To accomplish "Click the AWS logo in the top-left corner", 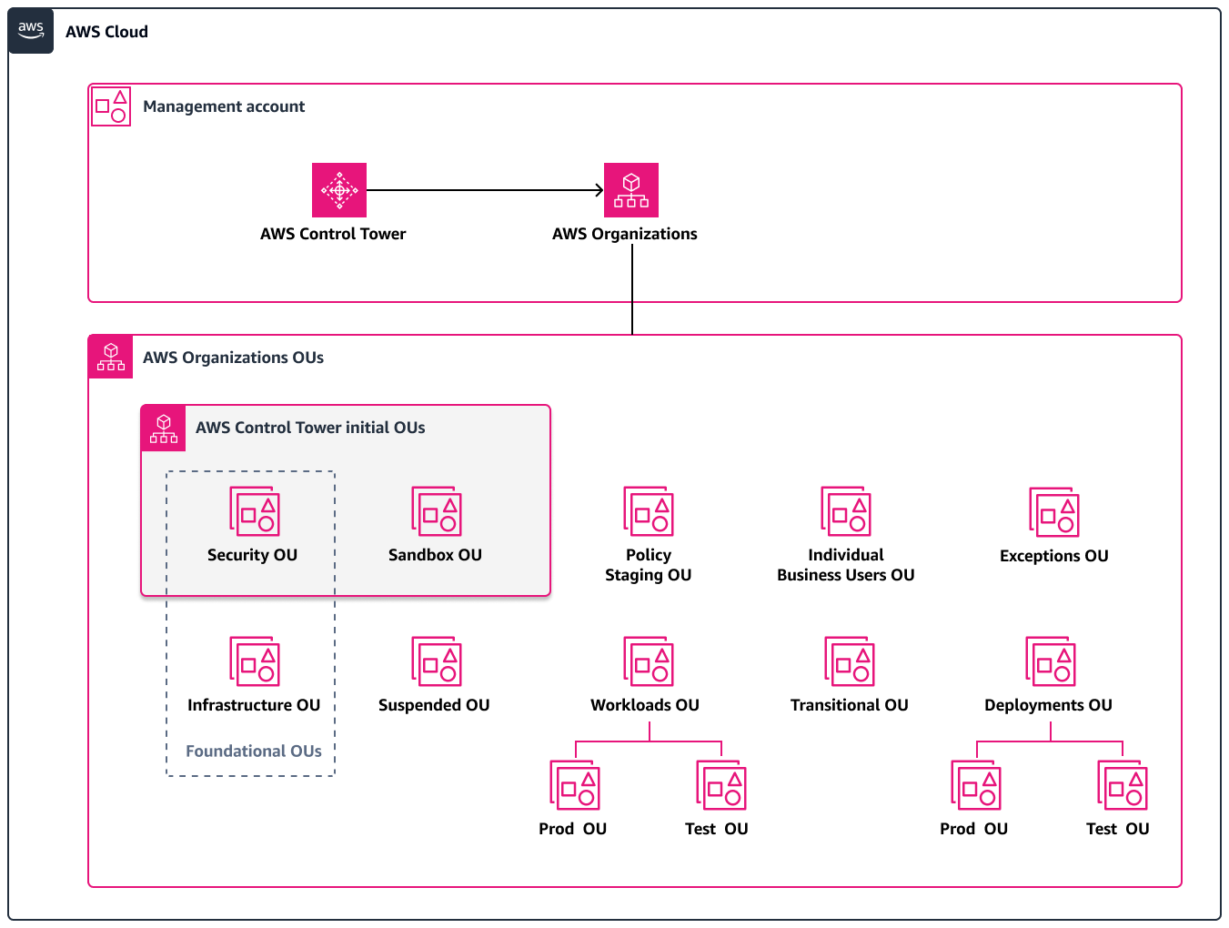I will point(31,31).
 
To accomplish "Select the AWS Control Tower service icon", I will point(338,190).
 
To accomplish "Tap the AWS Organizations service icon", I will point(630,190).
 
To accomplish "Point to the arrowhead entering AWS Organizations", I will point(599,190).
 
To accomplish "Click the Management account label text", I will point(224,106).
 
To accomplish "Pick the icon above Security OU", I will point(255,511).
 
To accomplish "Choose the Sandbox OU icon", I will point(437,511).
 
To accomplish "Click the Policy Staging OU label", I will point(648,565).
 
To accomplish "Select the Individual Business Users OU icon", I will point(846,511).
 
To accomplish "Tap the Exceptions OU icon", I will point(1053,512).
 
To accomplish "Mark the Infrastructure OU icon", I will point(255,661).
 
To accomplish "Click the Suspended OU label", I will point(434,705).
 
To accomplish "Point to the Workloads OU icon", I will point(649,661).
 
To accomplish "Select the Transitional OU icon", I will point(849,661).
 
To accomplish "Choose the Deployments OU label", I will point(1048,705).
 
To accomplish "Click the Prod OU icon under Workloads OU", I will point(575,785).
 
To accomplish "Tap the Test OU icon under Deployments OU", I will point(1123,785).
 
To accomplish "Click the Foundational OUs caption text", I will point(254,751).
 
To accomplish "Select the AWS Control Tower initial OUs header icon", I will point(164,428).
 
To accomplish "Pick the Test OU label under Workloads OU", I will point(717,829).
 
